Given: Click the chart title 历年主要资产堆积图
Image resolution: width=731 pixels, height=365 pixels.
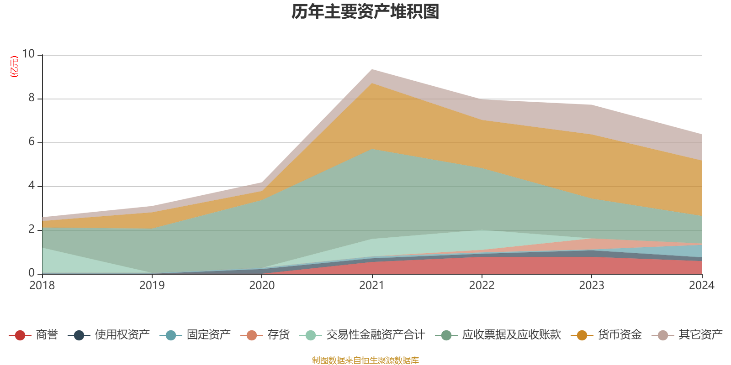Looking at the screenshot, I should point(365,12).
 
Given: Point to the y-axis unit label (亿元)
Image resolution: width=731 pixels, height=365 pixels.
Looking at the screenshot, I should point(14,67).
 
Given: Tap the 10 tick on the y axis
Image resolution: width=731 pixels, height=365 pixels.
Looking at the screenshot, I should point(28,54).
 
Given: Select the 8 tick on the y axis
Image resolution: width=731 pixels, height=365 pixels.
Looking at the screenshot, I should point(32,98).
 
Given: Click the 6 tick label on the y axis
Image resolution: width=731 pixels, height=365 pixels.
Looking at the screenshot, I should point(32,142).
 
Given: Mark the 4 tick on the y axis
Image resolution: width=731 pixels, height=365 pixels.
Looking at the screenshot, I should point(32,186).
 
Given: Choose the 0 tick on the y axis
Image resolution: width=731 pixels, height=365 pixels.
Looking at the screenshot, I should point(32,273).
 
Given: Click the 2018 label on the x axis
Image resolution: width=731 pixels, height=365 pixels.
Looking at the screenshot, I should point(42,286).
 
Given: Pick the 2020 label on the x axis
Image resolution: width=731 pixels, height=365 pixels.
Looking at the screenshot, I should point(262,286).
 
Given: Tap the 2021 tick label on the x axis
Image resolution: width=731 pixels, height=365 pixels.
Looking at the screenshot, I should point(372,286).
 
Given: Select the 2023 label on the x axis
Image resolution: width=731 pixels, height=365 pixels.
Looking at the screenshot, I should point(592,286).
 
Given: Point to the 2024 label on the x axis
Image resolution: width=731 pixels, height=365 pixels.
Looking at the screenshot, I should point(701,286).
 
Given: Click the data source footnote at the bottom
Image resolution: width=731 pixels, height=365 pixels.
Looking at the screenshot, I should point(365,360).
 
